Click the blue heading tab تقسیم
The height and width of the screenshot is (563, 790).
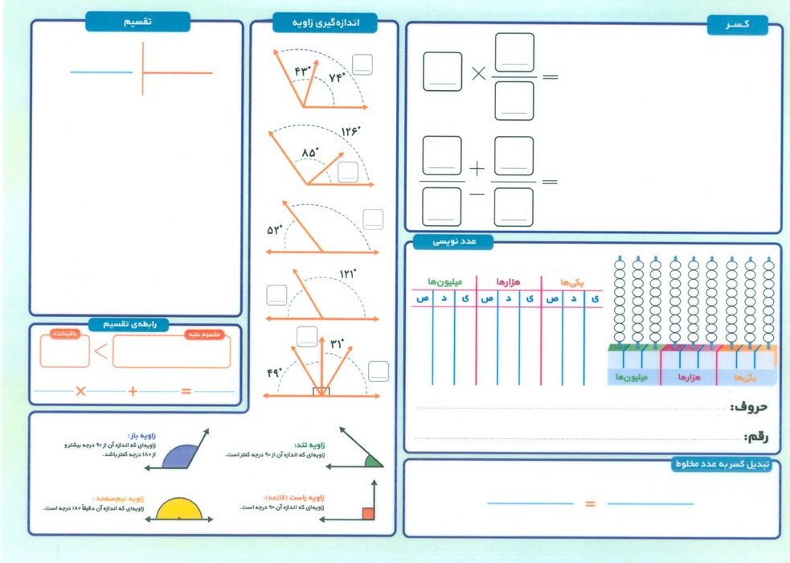(x=137, y=23)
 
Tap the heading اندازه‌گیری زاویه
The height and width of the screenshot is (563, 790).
(x=324, y=23)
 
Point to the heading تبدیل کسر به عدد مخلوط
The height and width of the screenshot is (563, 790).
(x=722, y=464)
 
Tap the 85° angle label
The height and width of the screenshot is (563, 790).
(x=309, y=151)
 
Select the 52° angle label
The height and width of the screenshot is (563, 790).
(x=276, y=230)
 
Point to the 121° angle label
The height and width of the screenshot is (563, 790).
(x=346, y=275)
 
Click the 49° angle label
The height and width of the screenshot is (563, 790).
(x=276, y=372)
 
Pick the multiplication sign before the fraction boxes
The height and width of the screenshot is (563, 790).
(x=479, y=75)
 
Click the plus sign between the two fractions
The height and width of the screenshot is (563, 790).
(x=477, y=170)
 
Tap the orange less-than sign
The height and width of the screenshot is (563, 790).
(x=100, y=351)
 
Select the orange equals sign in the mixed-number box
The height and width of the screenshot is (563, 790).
(x=590, y=504)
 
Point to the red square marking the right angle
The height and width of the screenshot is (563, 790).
(x=368, y=513)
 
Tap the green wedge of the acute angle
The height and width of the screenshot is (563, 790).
(x=372, y=461)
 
